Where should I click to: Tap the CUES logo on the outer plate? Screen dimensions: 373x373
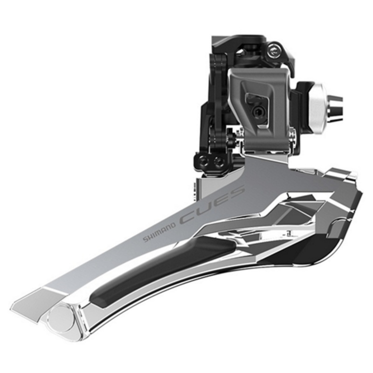pyautogui.click(x=212, y=205)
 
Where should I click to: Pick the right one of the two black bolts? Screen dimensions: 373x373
pyautogui.click(x=217, y=162)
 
